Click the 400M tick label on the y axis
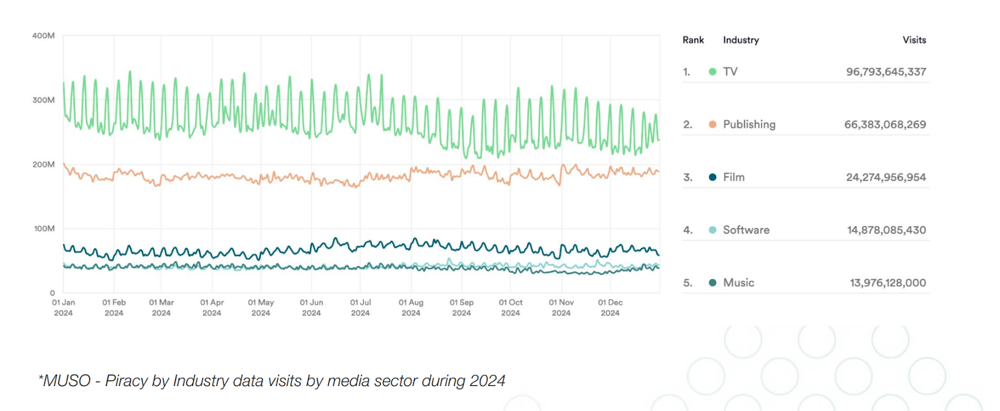pyautogui.click(x=43, y=36)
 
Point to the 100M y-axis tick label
pyautogui.click(x=44, y=229)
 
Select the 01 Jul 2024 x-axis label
pyautogui.click(x=360, y=307)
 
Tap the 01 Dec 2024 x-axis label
pyautogui.click(x=610, y=307)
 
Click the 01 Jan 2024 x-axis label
pyautogui.click(x=63, y=307)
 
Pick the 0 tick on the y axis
pyautogui.click(x=52, y=293)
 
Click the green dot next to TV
pyautogui.click(x=712, y=72)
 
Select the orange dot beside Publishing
pyautogui.click(x=712, y=124)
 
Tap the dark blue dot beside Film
pyautogui.click(x=712, y=177)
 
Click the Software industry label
pyautogui.click(x=746, y=230)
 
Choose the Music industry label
pyautogui.click(x=738, y=283)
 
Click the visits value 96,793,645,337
pyautogui.click(x=886, y=72)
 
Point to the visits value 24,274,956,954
pyautogui.click(x=886, y=177)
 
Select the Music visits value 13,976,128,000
pyautogui.click(x=887, y=283)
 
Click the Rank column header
pyautogui.click(x=693, y=40)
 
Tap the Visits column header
pyautogui.click(x=914, y=40)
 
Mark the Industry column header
pyautogui.click(x=741, y=40)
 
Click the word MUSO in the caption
pyautogui.click(x=66, y=380)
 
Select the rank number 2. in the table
pyautogui.click(x=687, y=124)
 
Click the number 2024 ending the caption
pyautogui.click(x=487, y=380)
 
